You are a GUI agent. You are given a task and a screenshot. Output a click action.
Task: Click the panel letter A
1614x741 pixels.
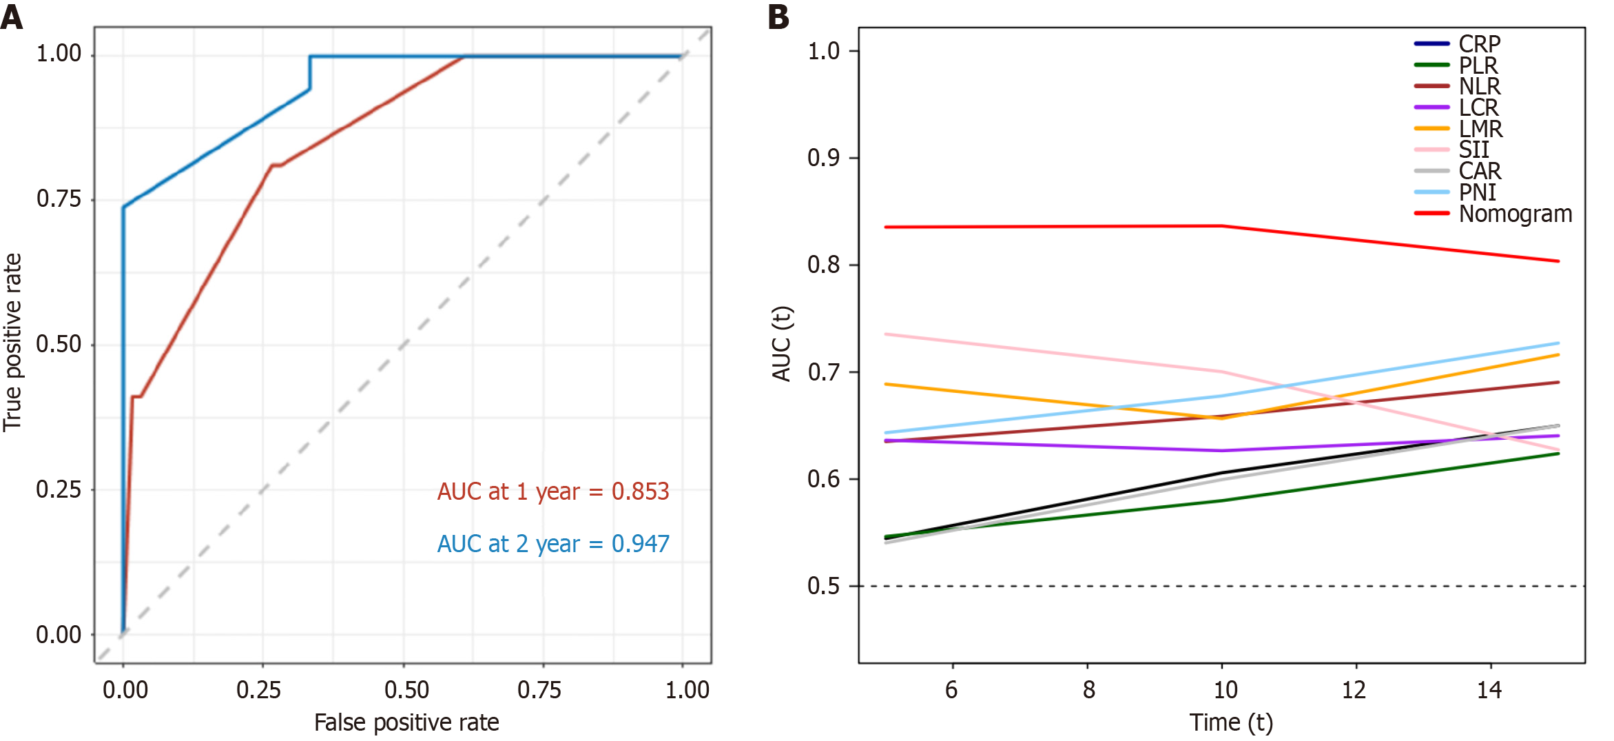(12, 17)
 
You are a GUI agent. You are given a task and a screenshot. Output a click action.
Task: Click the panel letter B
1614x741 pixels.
(778, 17)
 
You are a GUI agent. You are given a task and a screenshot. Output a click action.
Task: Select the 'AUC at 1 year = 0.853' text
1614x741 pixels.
(553, 491)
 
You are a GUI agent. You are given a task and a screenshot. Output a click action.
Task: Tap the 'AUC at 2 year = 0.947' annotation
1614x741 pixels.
(553, 544)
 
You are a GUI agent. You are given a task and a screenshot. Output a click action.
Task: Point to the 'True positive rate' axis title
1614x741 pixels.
(12, 343)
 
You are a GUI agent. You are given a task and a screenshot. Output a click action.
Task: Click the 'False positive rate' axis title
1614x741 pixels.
(406, 722)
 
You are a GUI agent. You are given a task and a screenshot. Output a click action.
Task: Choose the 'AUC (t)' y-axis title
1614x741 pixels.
(782, 343)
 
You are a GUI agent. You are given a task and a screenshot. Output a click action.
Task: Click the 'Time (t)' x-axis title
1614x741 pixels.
(1231, 722)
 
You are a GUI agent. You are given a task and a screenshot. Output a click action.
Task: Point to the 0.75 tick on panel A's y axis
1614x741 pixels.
(59, 199)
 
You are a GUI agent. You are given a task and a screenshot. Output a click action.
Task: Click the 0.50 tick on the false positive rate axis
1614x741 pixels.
(406, 689)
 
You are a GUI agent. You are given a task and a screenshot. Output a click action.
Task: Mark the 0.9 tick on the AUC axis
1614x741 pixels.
(823, 158)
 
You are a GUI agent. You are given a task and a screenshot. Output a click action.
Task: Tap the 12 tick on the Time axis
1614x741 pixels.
(1354, 689)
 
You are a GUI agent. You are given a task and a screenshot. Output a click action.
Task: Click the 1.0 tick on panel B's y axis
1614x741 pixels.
(823, 51)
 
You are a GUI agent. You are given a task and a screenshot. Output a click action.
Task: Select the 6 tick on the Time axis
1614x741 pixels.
(951, 689)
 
